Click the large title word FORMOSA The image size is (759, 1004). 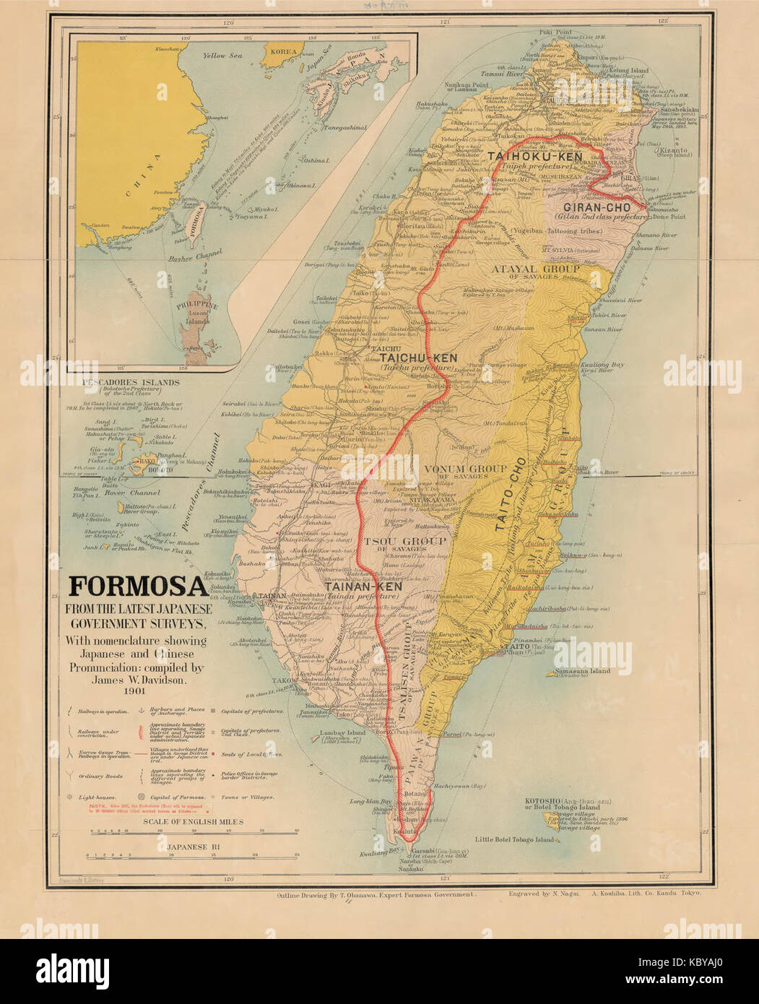click(139, 586)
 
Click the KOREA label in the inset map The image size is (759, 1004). click(283, 51)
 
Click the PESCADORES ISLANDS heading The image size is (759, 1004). click(130, 381)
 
